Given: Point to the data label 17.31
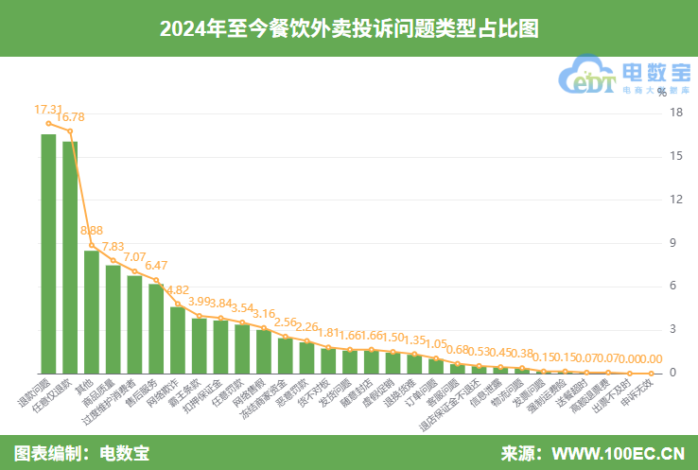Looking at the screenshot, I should [48, 110].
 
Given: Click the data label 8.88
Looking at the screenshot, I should [92, 231].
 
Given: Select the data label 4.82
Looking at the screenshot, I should [178, 289].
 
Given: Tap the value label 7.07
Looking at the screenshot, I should [135, 256].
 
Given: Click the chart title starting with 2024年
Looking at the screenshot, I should [349, 28].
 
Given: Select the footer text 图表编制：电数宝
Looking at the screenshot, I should [81, 453].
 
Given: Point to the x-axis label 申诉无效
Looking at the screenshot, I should [643, 393].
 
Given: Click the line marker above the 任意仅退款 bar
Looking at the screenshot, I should [70, 131].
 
